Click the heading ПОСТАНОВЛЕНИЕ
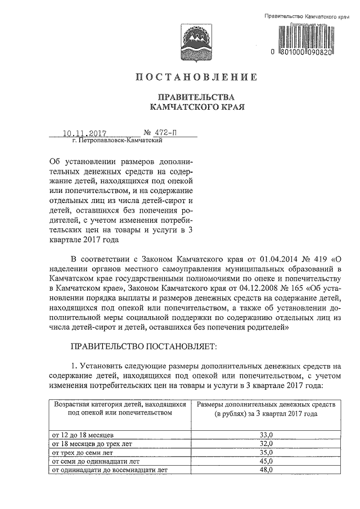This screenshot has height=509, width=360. [x=196, y=76]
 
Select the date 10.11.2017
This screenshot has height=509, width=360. [x=84, y=134]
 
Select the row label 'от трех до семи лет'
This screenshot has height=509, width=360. [x=83, y=452]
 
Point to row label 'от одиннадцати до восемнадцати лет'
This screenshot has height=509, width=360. [x=109, y=470]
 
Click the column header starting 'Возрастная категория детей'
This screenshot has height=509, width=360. [x=119, y=408]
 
